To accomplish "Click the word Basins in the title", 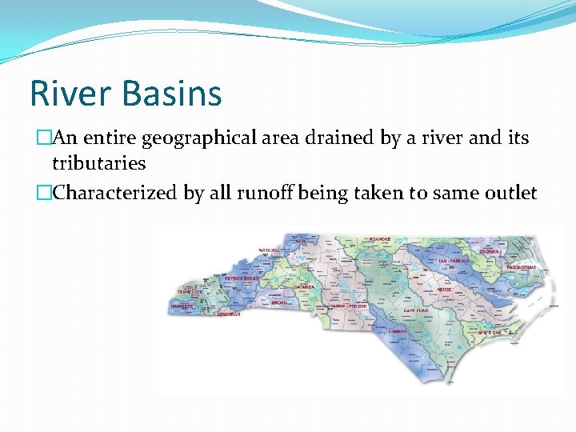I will point(173,93).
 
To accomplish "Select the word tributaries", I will point(98,163).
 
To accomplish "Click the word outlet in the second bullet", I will point(509,194).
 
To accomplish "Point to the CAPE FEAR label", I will point(416,310).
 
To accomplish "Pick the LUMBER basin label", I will point(398,330).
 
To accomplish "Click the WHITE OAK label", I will point(489,332).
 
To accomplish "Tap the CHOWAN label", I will point(489,251).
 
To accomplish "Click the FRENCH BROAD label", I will point(241,278).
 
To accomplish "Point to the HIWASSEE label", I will point(184,306).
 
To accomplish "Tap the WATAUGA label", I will point(269,250).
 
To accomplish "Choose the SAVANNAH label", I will point(228,314).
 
